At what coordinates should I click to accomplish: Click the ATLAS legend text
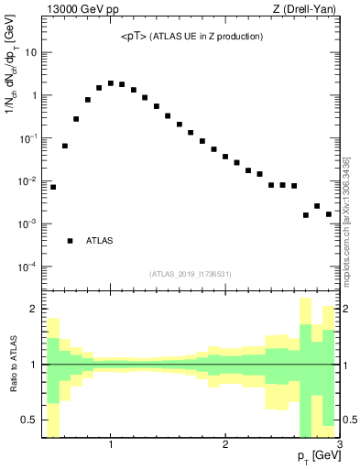coord(100,241)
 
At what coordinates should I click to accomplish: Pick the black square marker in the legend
coord(71,241)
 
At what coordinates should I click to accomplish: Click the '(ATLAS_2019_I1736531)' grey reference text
coord(191,273)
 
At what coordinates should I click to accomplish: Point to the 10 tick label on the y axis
coord(30,52)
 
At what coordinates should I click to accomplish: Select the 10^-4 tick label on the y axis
coord(27,267)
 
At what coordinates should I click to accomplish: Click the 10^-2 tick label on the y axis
coord(27,180)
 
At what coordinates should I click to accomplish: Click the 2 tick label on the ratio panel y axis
coord(33,310)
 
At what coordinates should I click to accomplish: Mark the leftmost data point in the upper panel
coord(53,187)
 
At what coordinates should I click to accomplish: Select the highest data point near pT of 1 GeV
coord(111,83)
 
